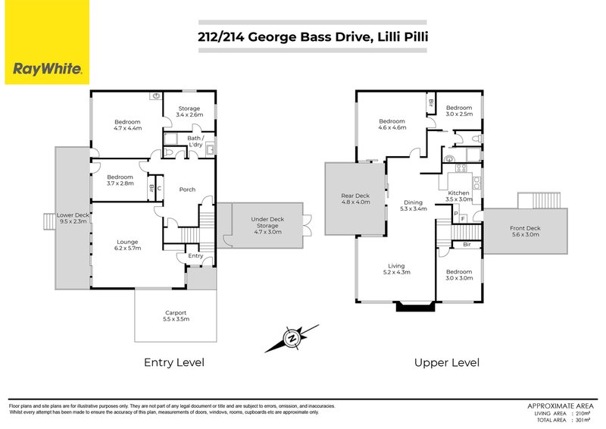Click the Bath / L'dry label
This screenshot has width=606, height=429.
(194, 142)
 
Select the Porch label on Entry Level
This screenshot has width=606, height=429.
(188, 189)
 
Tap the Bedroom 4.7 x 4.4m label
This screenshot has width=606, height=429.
(127, 125)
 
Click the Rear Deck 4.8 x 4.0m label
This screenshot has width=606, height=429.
(355, 199)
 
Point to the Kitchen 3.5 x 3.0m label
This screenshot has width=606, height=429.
(459, 196)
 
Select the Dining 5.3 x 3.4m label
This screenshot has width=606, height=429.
(413, 205)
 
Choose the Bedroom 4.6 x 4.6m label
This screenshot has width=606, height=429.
(392, 125)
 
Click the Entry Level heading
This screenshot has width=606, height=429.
(174, 363)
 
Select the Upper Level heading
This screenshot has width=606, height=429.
(446, 363)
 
